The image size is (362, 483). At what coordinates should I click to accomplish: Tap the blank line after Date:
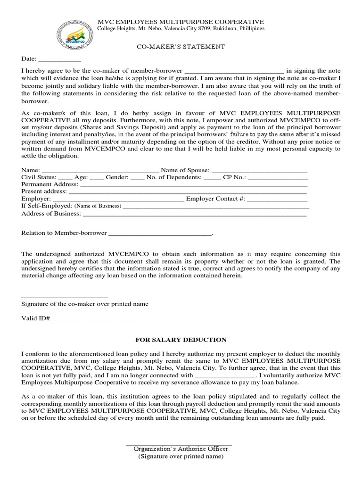(x=59, y=60)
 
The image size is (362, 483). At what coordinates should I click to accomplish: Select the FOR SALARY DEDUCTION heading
(x=181, y=340)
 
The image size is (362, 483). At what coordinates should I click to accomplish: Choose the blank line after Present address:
(x=188, y=192)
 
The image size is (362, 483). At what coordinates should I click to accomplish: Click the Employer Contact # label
(x=215, y=199)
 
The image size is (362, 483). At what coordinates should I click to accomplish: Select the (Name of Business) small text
(x=98, y=206)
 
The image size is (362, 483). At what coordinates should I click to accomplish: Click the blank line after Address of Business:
(x=194, y=214)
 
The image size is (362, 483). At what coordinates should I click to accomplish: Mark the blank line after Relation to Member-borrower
(x=160, y=233)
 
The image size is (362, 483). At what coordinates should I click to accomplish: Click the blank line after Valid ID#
(x=94, y=319)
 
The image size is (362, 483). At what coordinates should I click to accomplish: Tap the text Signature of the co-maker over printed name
(x=85, y=304)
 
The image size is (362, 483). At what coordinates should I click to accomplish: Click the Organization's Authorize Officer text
(x=181, y=448)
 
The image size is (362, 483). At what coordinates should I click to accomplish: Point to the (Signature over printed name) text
(x=181, y=456)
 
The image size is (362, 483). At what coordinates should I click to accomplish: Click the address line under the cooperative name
(x=181, y=29)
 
